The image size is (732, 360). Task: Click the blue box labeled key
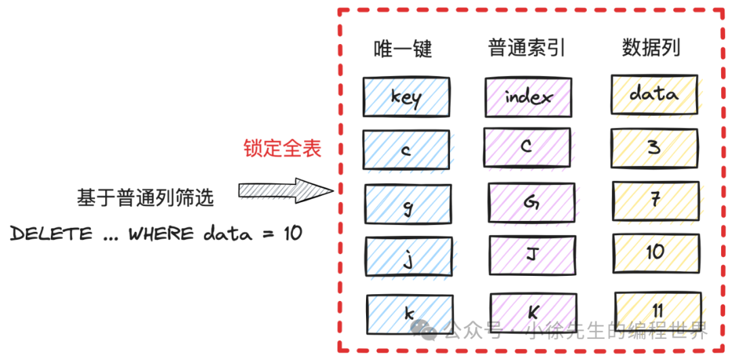pos(405,96)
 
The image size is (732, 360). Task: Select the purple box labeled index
pos(529,96)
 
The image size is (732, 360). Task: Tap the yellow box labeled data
pos(654,94)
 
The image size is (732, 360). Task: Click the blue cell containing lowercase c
pos(405,150)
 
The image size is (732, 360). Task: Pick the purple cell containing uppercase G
pos(531,201)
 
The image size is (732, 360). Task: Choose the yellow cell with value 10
pos(655,252)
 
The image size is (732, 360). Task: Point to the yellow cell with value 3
pos(654,148)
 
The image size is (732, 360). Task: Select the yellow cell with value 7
pos(655,200)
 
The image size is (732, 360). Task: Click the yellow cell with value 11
pos(657,311)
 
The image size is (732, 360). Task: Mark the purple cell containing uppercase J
pos(531,255)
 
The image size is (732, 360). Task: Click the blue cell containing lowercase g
pos(408,205)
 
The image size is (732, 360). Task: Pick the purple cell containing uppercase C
pos(527,147)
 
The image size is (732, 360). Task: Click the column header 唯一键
pos(403,48)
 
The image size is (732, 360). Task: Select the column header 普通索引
pos(527,47)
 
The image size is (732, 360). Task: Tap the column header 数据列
pos(651,47)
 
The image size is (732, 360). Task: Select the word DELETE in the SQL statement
pos(51,234)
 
